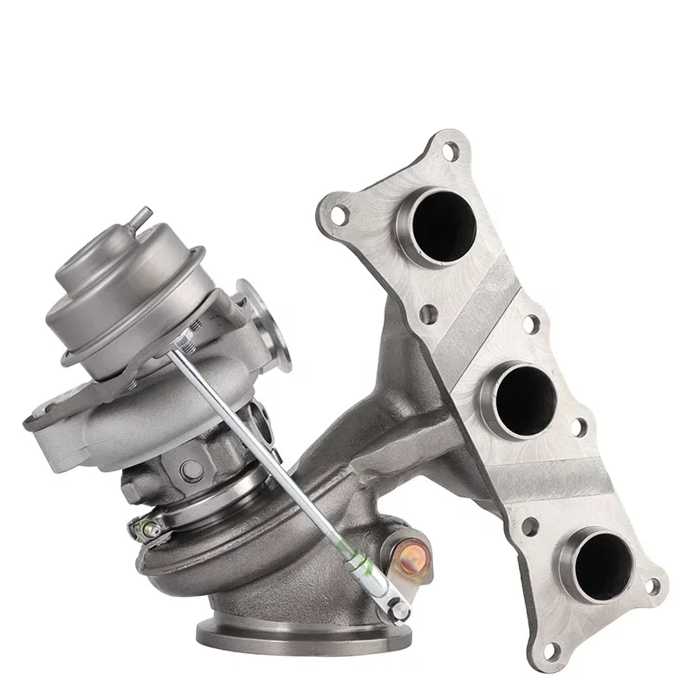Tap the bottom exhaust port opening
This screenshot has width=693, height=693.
click(597, 563)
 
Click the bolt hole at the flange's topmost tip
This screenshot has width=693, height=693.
click(449, 151)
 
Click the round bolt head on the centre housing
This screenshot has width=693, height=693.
click(191, 469)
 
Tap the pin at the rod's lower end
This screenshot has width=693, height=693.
click(398, 610)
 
